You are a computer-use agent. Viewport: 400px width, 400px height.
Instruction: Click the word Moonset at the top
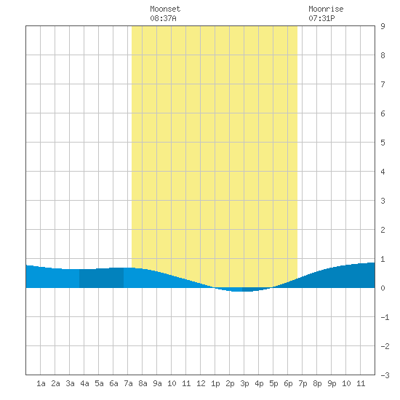pyautogui.click(x=165, y=9)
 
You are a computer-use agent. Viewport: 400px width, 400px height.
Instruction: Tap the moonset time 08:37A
pyautogui.click(x=163, y=18)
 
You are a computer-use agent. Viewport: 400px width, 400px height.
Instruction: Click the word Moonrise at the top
pyautogui.click(x=326, y=9)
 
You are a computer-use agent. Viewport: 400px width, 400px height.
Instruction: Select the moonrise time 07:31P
pyautogui.click(x=321, y=18)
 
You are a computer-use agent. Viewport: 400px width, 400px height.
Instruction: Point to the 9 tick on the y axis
pyautogui.click(x=383, y=26)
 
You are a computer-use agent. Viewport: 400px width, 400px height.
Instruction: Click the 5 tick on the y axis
pyautogui.click(x=383, y=143)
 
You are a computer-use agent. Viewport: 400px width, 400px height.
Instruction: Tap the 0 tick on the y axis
pyautogui.click(x=383, y=288)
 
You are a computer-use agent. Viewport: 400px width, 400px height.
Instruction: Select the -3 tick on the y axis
pyautogui.click(x=385, y=375)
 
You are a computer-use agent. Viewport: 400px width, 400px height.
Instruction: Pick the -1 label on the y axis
pyautogui.click(x=385, y=317)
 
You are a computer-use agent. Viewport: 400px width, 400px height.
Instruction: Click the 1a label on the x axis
pyautogui.click(x=41, y=383)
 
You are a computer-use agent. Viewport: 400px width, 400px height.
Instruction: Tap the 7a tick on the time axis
pyautogui.click(x=128, y=383)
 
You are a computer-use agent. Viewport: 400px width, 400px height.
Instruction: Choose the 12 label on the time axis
pyautogui.click(x=201, y=383)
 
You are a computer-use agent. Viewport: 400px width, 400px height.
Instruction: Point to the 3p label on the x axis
pyautogui.click(x=244, y=383)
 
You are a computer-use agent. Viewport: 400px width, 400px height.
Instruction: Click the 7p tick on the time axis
pyautogui.click(x=303, y=383)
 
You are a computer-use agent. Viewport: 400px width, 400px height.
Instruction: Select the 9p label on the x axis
pyautogui.click(x=332, y=383)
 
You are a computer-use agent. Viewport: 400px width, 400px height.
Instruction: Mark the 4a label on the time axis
pyautogui.click(x=84, y=383)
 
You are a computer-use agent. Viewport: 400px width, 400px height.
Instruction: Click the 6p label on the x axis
pyautogui.click(x=288, y=383)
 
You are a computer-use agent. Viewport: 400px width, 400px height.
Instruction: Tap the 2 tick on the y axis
pyautogui.click(x=383, y=230)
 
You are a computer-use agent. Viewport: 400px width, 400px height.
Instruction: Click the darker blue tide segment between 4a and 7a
pyautogui.click(x=101, y=278)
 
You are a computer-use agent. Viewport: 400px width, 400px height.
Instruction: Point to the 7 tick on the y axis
pyautogui.click(x=383, y=84)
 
